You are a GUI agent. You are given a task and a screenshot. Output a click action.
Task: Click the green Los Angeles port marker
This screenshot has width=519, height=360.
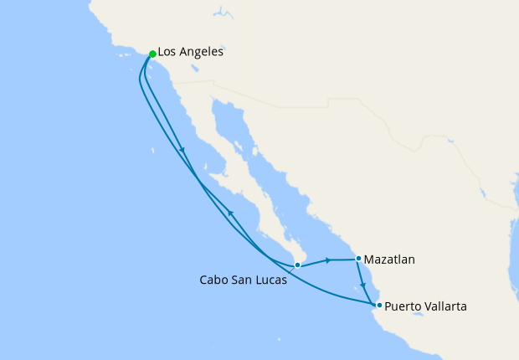click(152, 54)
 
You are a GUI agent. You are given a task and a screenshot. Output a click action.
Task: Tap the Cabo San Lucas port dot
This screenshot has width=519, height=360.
click(297, 265)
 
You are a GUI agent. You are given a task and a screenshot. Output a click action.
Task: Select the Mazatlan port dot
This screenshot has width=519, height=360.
click(358, 259)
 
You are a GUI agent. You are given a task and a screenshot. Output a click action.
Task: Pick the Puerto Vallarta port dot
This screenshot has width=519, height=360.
click(379, 306)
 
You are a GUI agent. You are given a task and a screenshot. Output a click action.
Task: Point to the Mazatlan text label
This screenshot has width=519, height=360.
click(390, 260)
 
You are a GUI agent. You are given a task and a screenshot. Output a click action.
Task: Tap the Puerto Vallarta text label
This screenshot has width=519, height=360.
click(425, 306)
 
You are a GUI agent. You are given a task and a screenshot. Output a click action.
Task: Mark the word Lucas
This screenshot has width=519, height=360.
click(271, 280)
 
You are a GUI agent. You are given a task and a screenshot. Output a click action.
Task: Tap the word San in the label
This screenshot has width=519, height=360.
click(243, 280)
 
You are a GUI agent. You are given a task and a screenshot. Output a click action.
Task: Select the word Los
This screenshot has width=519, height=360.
click(168, 52)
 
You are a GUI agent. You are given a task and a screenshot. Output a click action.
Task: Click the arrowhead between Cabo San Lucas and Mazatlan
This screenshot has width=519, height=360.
click(328, 260)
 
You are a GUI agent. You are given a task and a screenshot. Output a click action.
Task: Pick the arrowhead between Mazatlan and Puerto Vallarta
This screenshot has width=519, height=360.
click(363, 285)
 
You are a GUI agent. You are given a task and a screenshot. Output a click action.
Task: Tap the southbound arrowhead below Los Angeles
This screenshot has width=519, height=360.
click(182, 152)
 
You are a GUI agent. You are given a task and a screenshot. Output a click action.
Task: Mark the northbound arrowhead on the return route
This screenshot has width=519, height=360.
click(230, 214)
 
